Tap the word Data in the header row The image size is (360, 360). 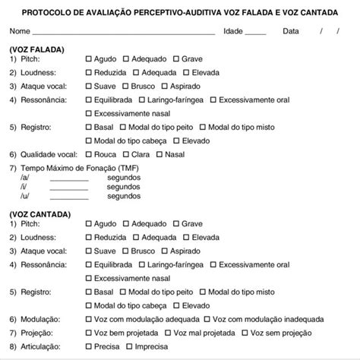[x=291, y=31]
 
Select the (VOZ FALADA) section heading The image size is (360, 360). [x=37, y=49]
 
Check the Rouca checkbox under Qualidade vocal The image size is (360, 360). [x=89, y=153]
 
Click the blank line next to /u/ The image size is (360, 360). [x=69, y=195]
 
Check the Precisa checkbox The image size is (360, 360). [x=89, y=346]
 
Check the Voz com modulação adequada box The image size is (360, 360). [x=89, y=319]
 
